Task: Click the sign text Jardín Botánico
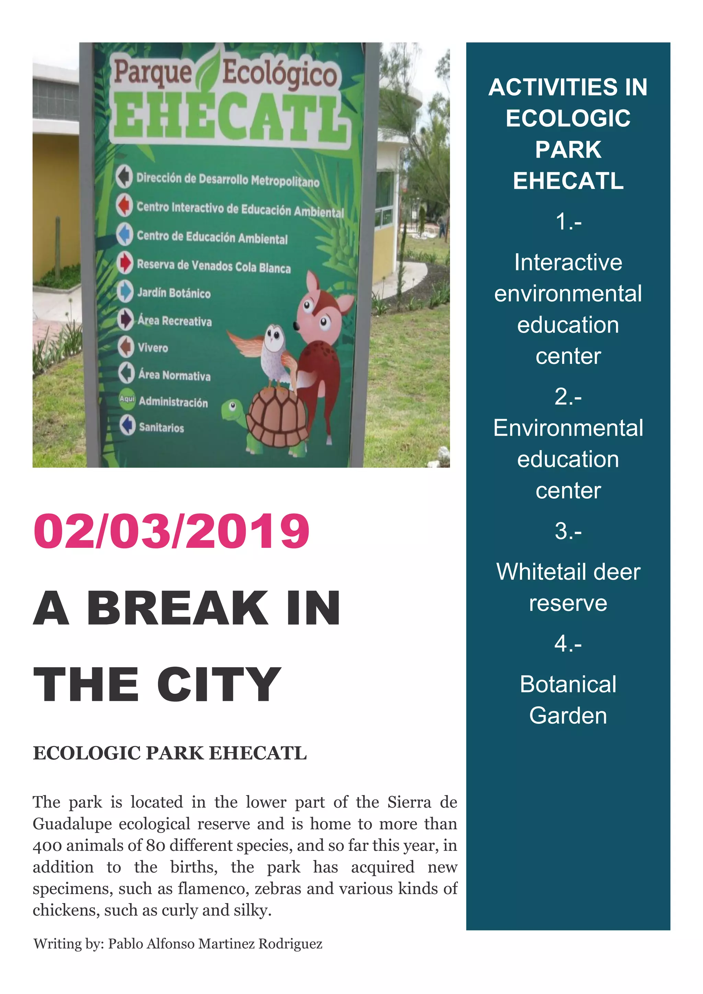pyautogui.click(x=174, y=293)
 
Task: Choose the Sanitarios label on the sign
pyautogui.click(x=161, y=428)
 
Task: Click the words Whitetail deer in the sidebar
pyautogui.click(x=568, y=572)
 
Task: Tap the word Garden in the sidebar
pyautogui.click(x=568, y=715)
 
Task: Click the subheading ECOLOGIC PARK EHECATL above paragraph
pyautogui.click(x=170, y=753)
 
